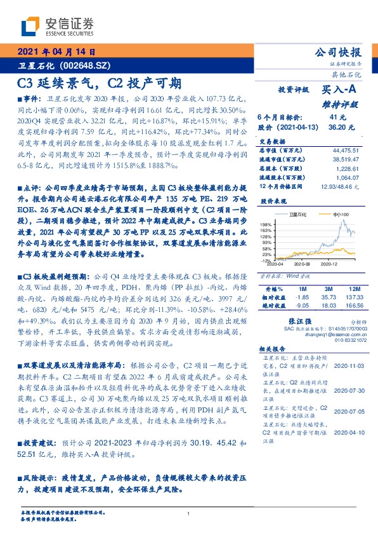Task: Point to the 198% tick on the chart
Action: tap(266, 225)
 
